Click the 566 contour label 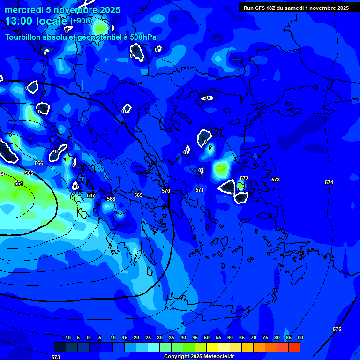click(39, 163)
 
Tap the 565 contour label click(29, 173)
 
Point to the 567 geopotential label click(91, 195)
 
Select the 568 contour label click(111, 199)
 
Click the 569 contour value click(138, 195)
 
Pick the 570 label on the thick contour click(166, 191)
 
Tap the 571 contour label click(200, 190)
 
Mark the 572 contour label click(244, 179)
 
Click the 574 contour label click(329, 182)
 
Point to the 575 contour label click(337, 329)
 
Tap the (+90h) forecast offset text click(81, 21)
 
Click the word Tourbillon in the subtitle click(24, 37)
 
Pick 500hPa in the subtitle click(141, 37)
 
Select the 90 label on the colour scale click(300, 337)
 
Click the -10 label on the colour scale click(67, 337)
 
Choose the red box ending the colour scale click(294, 347)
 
